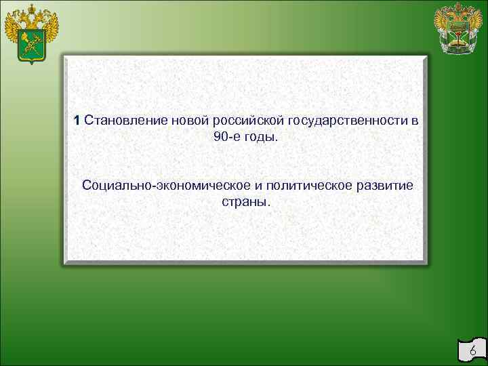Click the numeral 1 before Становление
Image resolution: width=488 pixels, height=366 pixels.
pyautogui.click(x=78, y=121)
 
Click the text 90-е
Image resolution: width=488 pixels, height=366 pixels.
pyautogui.click(x=226, y=137)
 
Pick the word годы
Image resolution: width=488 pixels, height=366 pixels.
pyautogui.click(x=262, y=138)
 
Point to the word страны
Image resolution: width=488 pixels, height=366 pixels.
pyautogui.click(x=245, y=202)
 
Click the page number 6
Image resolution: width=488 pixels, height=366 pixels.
pyautogui.click(x=472, y=352)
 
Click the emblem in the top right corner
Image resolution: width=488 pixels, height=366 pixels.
pyautogui.click(x=459, y=29)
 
